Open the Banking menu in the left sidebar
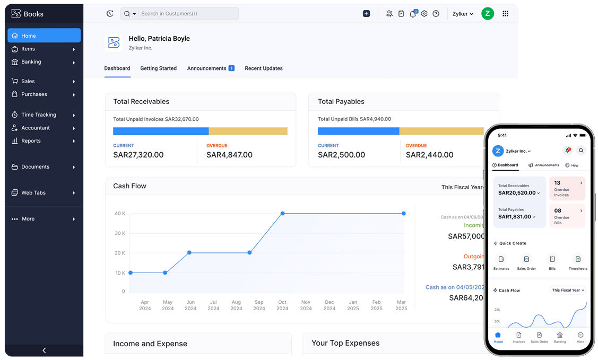(x=31, y=62)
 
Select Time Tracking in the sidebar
(x=38, y=115)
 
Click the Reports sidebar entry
(x=31, y=141)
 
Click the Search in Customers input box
(x=186, y=14)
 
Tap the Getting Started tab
(x=158, y=68)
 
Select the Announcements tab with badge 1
(x=210, y=68)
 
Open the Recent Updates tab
(x=263, y=68)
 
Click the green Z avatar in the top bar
(x=487, y=14)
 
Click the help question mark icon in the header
(x=436, y=14)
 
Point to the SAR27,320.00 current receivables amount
(x=138, y=155)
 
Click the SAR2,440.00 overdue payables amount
(x=429, y=155)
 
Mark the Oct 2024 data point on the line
(x=282, y=213)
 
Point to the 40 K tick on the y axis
(x=120, y=213)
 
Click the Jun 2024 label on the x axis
(x=190, y=305)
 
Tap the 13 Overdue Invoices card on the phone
(x=567, y=188)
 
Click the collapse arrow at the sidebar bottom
(x=44, y=350)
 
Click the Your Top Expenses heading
(x=345, y=343)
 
